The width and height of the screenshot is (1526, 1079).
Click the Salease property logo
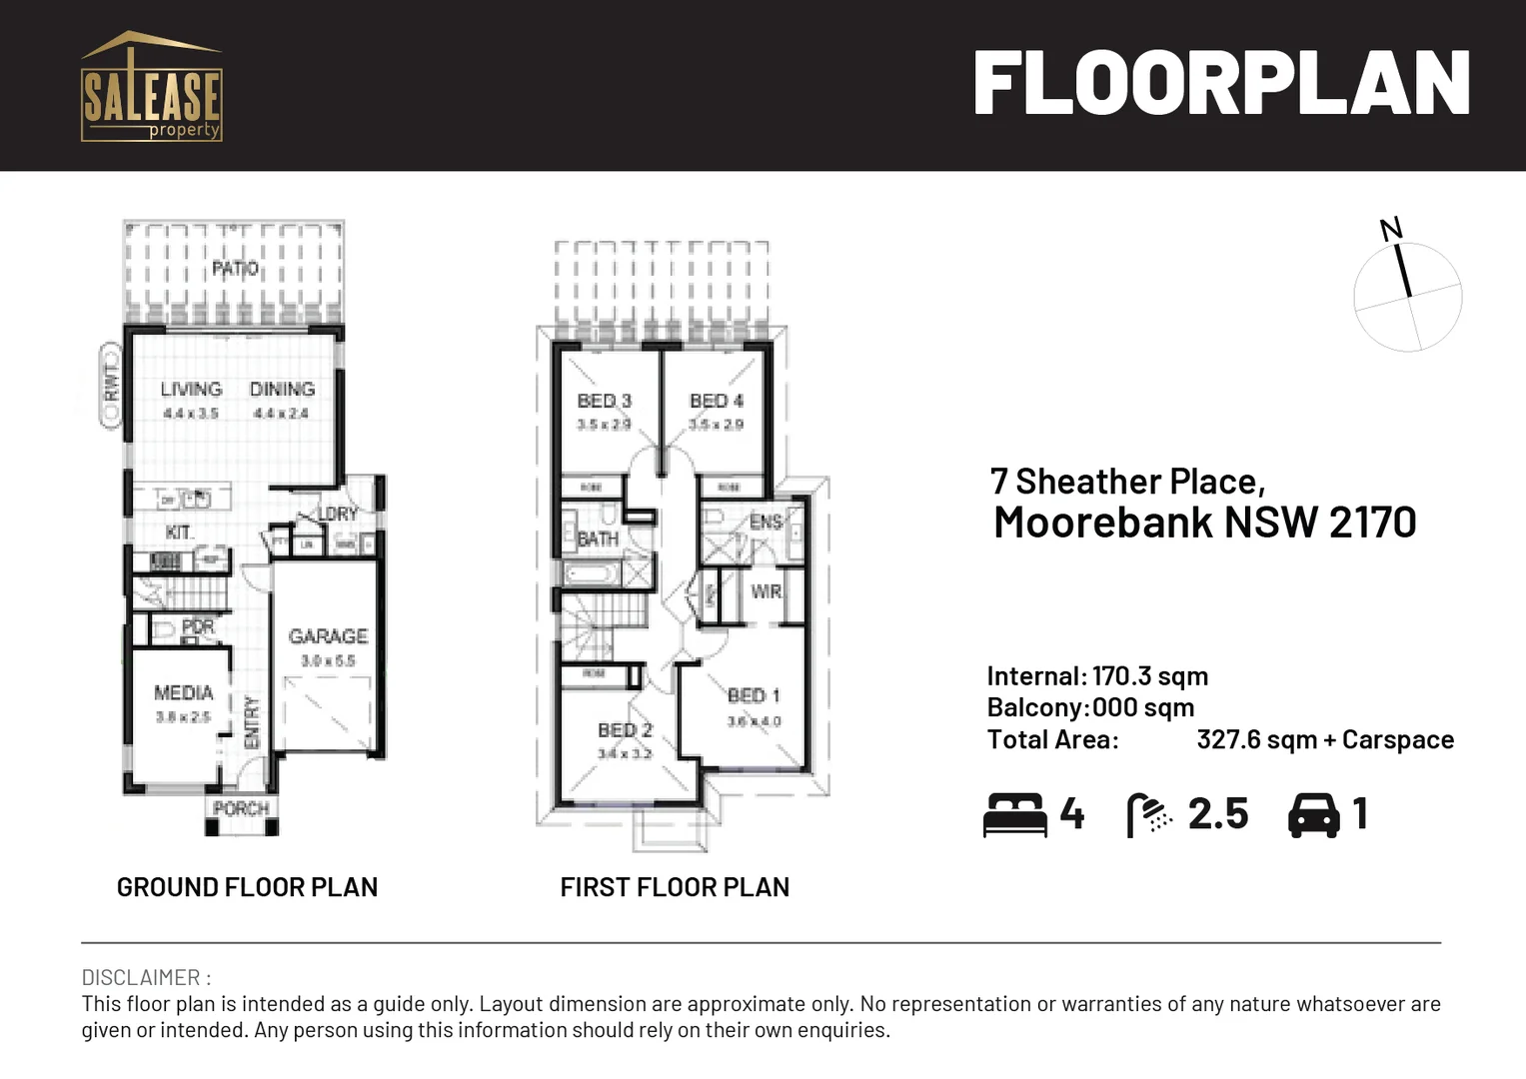click(151, 88)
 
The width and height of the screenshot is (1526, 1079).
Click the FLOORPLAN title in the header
click(1221, 84)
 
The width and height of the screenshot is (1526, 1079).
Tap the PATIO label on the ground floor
click(235, 269)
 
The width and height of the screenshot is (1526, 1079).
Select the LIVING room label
click(191, 390)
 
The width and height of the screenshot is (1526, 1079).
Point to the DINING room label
click(282, 390)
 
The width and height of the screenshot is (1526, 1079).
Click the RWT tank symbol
click(111, 385)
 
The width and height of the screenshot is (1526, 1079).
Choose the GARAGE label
click(328, 636)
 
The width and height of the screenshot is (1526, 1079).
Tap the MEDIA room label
click(183, 692)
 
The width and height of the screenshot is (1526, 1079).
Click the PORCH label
click(241, 808)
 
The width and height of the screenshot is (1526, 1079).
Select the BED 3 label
click(605, 401)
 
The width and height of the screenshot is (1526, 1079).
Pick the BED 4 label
click(717, 401)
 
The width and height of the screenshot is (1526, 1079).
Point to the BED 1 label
click(754, 695)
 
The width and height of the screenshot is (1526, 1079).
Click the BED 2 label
click(625, 730)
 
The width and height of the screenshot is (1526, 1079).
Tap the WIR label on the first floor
click(765, 591)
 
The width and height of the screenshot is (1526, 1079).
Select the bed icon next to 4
click(1014, 814)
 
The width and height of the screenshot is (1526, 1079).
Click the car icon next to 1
click(1313, 814)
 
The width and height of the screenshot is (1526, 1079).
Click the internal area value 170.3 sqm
click(1149, 676)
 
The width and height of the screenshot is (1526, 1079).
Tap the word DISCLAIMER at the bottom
click(140, 977)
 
